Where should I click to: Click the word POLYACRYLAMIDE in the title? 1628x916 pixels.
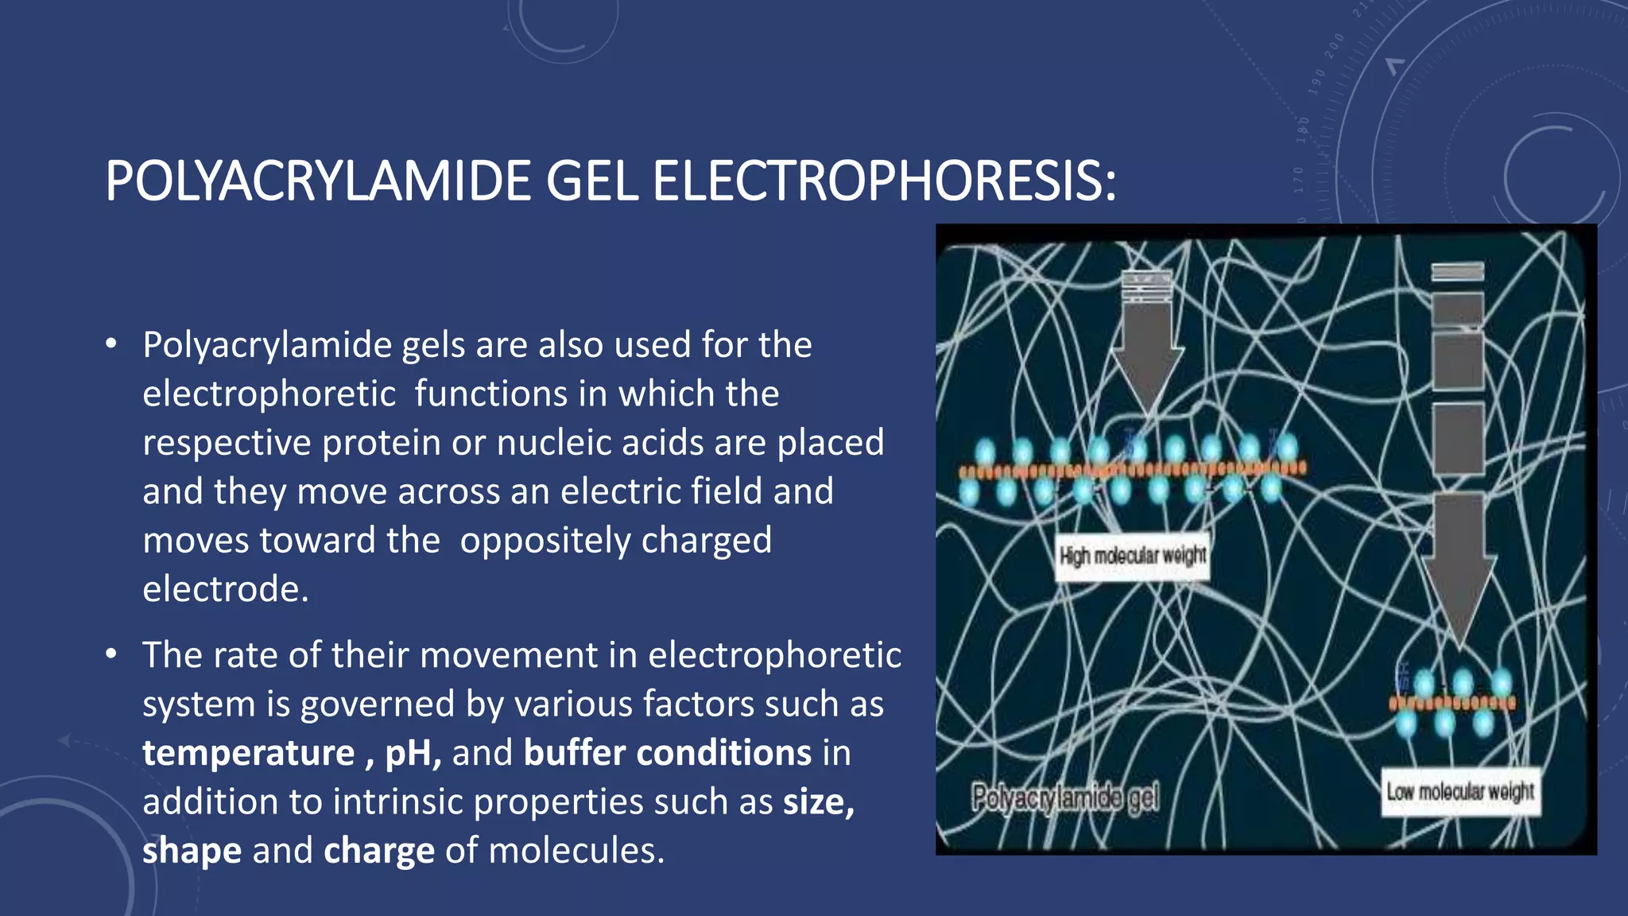click(x=318, y=181)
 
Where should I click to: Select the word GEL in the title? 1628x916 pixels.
click(x=591, y=181)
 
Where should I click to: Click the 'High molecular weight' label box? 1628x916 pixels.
click(x=1133, y=556)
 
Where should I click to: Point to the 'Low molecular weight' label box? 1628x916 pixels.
click(x=1460, y=791)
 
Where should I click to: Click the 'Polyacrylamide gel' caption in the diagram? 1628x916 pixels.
click(x=1065, y=797)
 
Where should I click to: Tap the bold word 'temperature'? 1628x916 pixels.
click(x=248, y=753)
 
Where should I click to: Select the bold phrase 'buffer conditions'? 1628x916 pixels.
click(x=667, y=753)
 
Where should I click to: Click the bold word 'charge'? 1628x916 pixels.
click(x=379, y=851)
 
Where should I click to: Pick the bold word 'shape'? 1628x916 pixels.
click(x=192, y=851)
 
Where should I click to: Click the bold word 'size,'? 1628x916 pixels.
click(x=819, y=801)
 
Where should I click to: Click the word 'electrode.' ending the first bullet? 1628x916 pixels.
click(x=225, y=589)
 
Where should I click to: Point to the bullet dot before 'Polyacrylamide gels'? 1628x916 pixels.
click(x=111, y=344)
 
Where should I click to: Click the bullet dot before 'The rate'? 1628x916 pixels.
click(x=111, y=654)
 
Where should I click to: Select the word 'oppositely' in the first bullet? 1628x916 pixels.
click(x=545, y=541)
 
